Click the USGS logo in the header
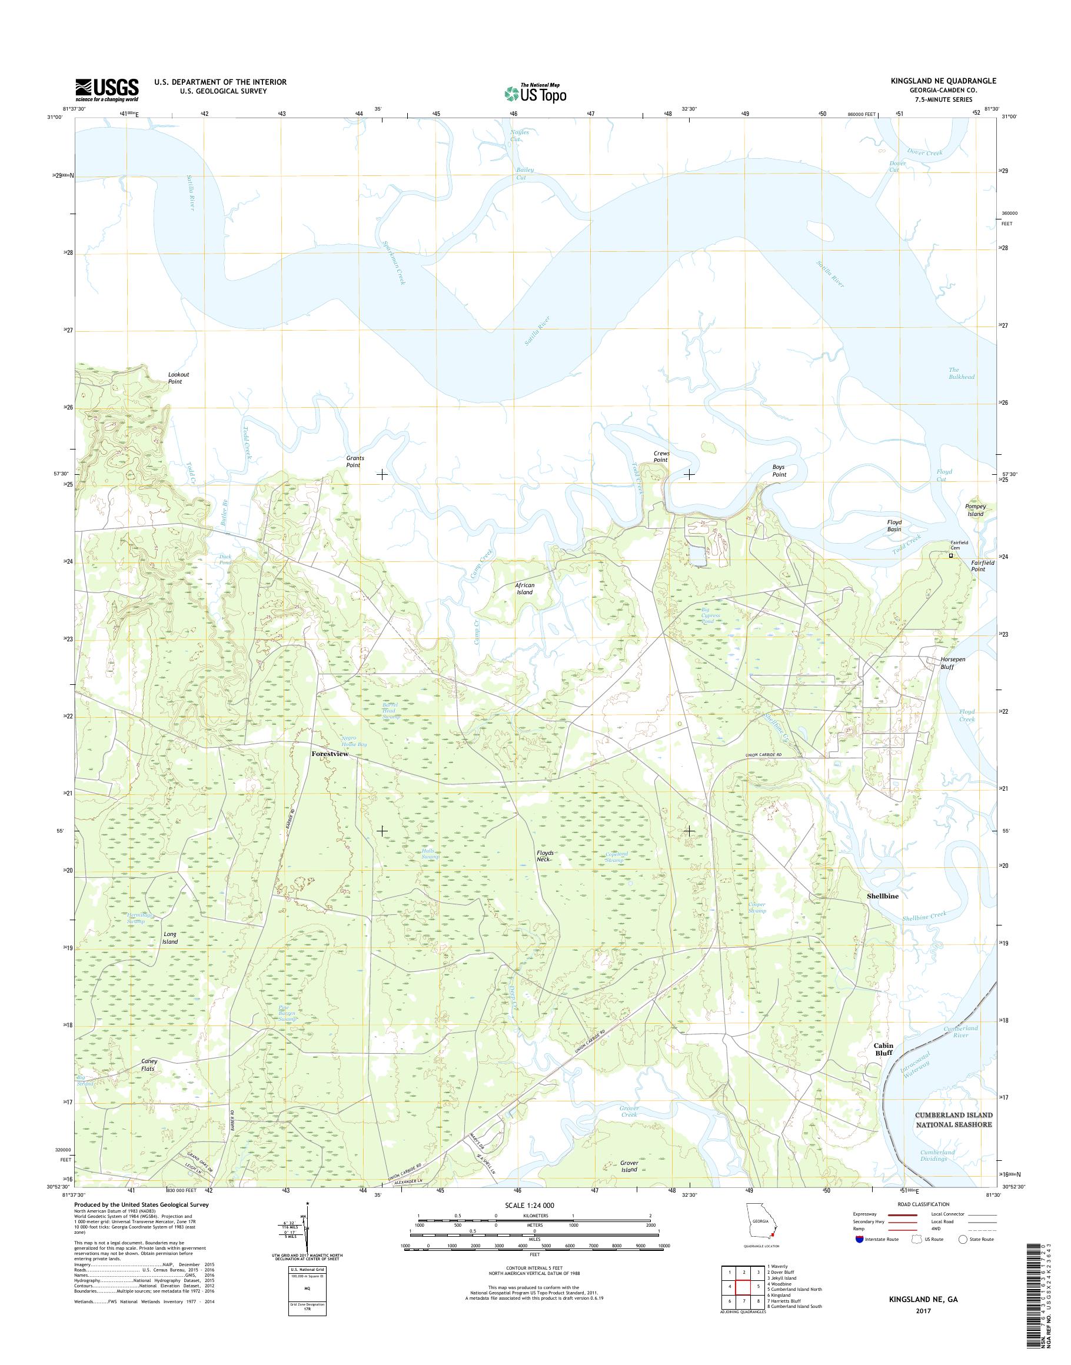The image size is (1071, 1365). pyautogui.click(x=107, y=89)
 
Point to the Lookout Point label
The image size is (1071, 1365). pyautogui.click(x=178, y=378)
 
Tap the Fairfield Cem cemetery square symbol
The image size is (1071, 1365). pyautogui.click(x=950, y=555)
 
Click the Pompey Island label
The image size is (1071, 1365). pyautogui.click(x=976, y=510)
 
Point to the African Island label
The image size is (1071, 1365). pyautogui.click(x=524, y=588)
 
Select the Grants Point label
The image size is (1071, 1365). pyautogui.click(x=355, y=461)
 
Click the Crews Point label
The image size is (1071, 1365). pyautogui.click(x=661, y=457)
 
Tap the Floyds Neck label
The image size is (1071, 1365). pyautogui.click(x=544, y=856)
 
